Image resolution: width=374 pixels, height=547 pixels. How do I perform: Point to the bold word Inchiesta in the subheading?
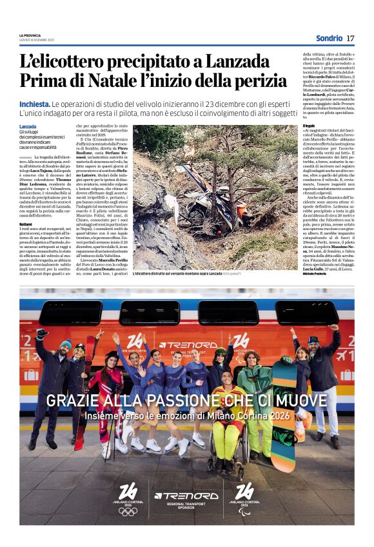[34, 104]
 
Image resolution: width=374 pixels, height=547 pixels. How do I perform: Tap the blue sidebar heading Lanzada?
[28, 126]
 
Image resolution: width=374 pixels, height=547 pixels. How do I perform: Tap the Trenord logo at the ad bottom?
[186, 496]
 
